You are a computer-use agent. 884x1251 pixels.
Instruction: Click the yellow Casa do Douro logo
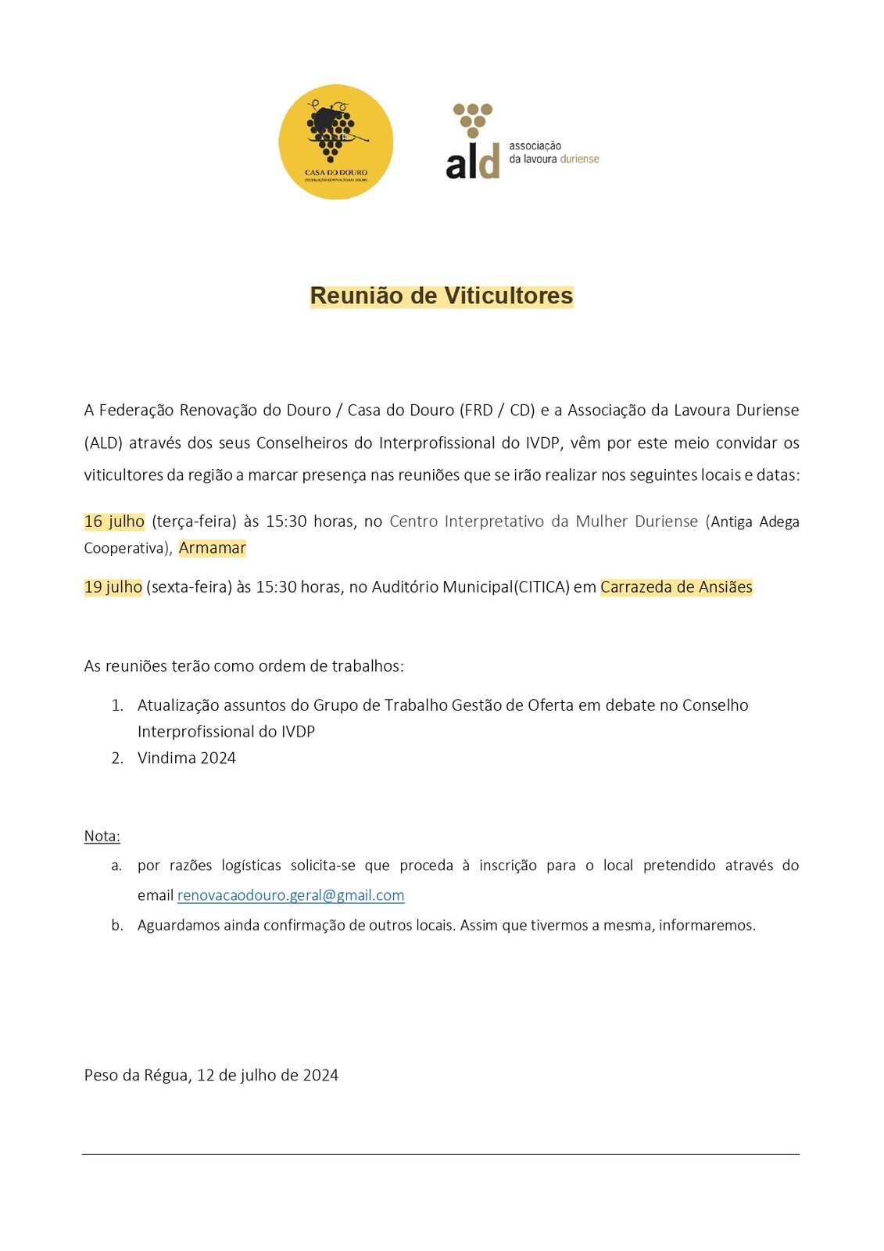coord(335,142)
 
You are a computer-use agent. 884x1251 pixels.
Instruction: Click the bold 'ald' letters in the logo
coord(471,163)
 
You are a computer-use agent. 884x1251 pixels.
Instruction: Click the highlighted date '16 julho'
coord(114,522)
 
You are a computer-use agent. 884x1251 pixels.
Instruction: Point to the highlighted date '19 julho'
coord(113,587)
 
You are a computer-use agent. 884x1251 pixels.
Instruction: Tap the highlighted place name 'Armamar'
coord(212,548)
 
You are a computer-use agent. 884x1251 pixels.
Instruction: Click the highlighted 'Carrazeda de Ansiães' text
coord(676,587)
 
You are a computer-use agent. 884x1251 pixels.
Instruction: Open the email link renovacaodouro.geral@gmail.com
coord(291,895)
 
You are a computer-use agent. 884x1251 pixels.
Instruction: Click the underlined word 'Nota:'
coord(102,836)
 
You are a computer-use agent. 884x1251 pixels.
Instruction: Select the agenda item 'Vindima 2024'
coord(186,758)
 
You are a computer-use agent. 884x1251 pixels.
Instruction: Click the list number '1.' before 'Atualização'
coord(117,705)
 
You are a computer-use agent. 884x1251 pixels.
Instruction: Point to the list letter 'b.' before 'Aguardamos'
coord(117,925)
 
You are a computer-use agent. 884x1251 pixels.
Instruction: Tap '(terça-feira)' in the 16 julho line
coord(194,522)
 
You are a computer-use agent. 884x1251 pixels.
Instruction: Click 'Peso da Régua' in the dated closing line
coord(135,1075)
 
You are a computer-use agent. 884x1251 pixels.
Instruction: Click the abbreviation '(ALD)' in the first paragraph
coord(103,443)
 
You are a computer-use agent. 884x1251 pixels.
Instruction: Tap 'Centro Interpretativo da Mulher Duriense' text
coord(543,522)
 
